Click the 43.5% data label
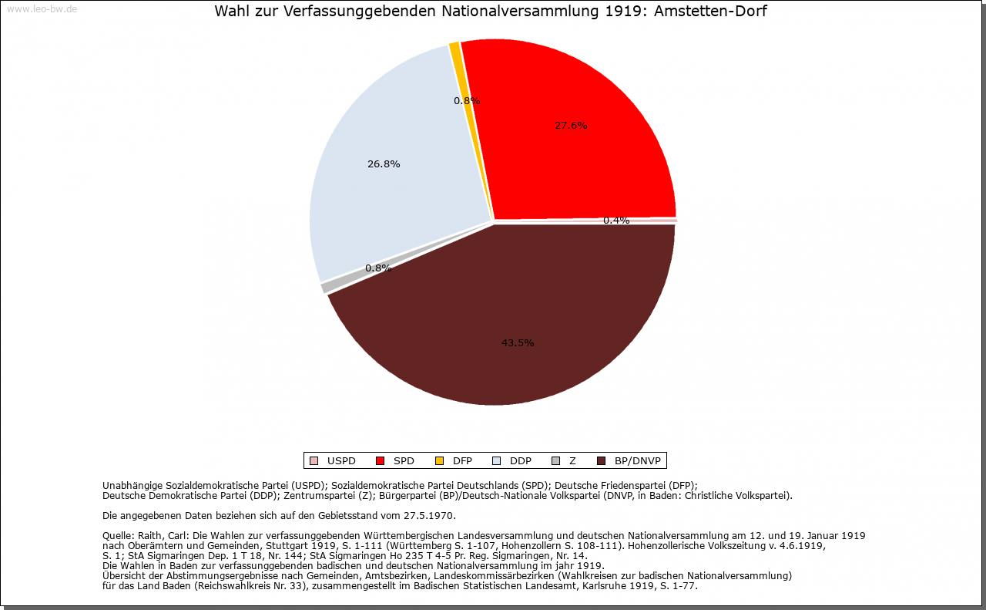(x=518, y=343)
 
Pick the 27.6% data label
(x=571, y=126)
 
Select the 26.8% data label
(x=384, y=164)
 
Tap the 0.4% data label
(x=616, y=221)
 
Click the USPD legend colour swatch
(x=314, y=461)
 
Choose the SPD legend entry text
(x=404, y=461)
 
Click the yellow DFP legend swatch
(x=439, y=461)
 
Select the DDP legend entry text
(x=521, y=461)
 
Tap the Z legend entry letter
(x=572, y=461)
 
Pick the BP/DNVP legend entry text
(x=638, y=461)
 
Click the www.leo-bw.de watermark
(x=42, y=10)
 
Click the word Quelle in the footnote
(x=119, y=535)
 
